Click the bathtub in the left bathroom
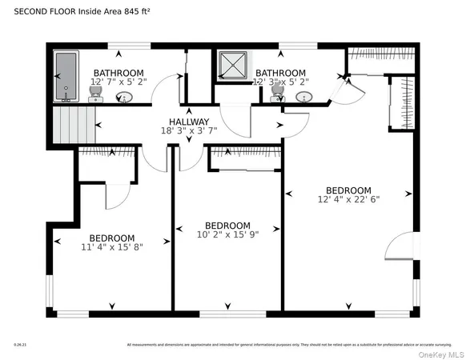click(65, 77)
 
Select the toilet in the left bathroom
click(94, 96)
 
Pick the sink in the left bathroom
click(123, 98)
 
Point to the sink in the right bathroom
click(303, 97)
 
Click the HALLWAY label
click(188, 122)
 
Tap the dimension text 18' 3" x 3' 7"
click(188, 131)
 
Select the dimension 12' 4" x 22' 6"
click(348, 198)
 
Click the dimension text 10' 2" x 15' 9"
click(228, 234)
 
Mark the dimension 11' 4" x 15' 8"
click(111, 248)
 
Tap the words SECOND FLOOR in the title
click(36, 12)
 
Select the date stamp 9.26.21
click(20, 345)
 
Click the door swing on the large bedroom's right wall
click(400, 246)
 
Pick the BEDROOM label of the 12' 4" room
click(348, 189)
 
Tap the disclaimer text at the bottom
click(288, 345)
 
